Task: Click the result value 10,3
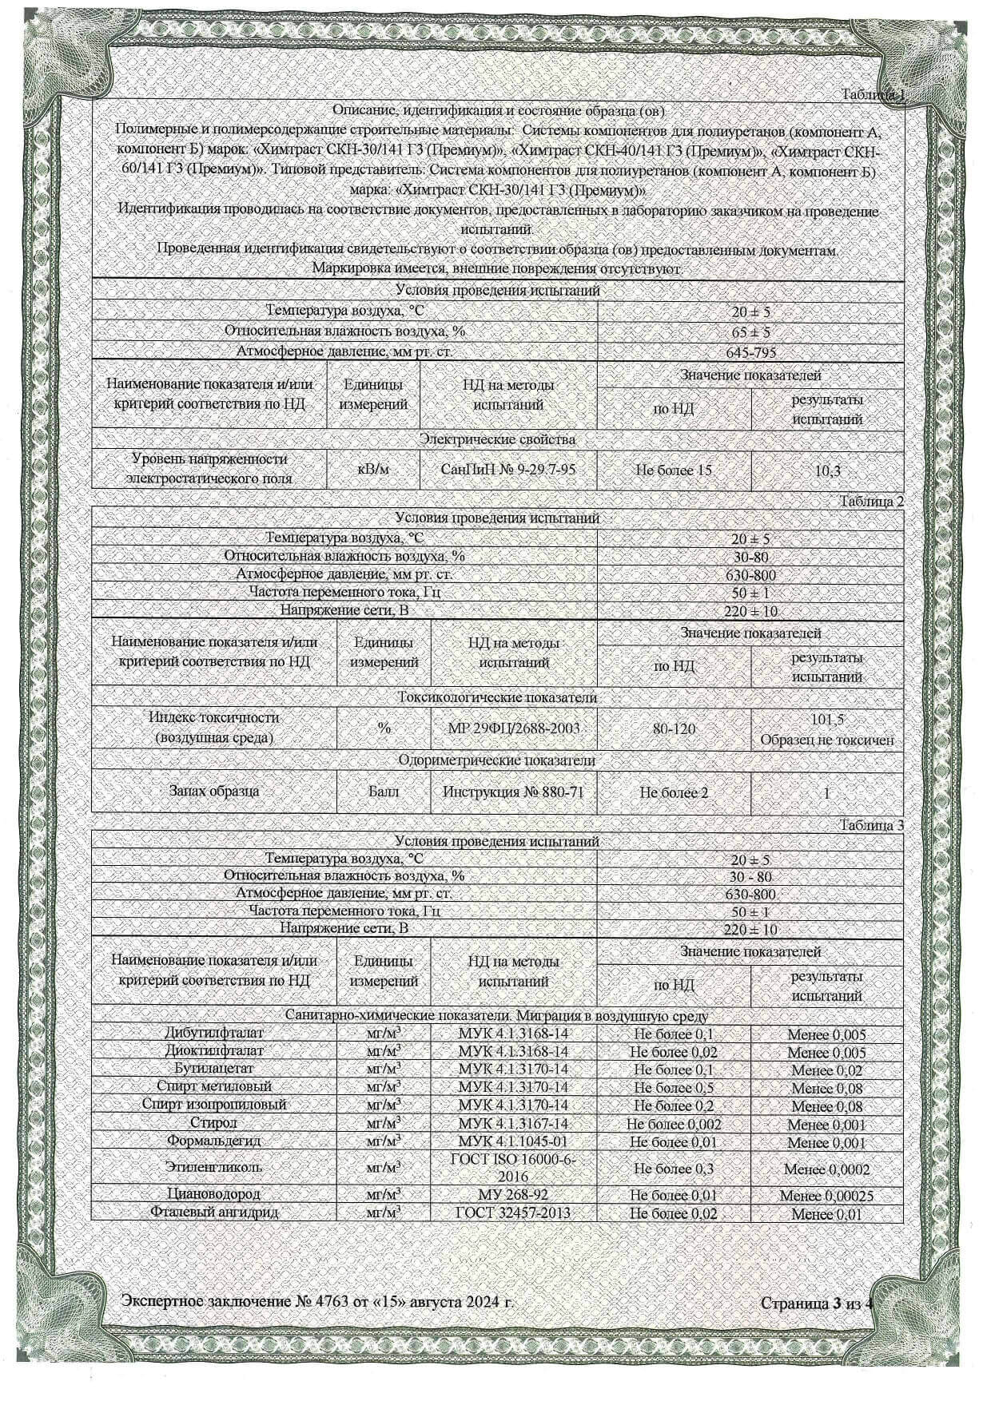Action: click(827, 470)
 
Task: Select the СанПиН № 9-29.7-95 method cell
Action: click(508, 470)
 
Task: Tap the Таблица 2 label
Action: click(870, 502)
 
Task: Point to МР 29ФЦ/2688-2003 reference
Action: click(515, 728)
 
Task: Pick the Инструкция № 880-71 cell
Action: click(513, 792)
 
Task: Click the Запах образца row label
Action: click(213, 792)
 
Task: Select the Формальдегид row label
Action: click(213, 1141)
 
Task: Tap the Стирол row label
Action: click(213, 1123)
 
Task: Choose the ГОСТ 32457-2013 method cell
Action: click(513, 1212)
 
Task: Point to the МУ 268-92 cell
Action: click(513, 1195)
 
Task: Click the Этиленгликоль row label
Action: click(213, 1167)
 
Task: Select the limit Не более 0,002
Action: click(673, 1124)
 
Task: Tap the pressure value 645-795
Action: click(750, 352)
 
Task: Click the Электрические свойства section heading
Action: click(497, 439)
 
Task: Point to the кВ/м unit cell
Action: click(373, 470)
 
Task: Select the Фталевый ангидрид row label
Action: click(213, 1212)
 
